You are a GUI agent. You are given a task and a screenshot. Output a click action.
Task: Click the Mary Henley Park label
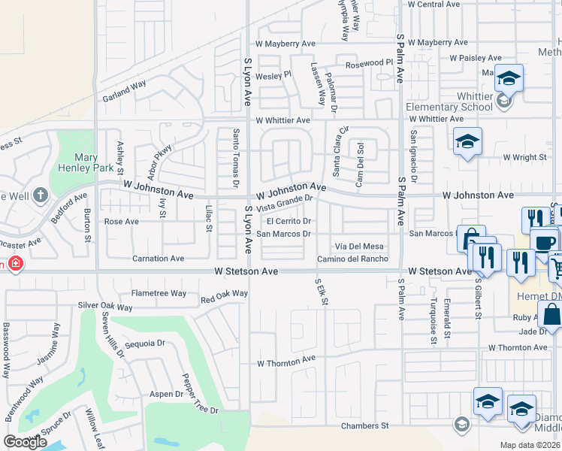coord(86,163)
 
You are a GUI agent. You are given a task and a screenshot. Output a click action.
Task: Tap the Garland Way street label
coord(124,90)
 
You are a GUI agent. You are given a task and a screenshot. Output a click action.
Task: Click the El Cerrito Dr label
coord(289,221)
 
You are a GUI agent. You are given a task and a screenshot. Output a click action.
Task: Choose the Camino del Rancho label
coord(352,259)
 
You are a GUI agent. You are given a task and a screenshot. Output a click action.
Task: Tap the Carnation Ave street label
coord(158,259)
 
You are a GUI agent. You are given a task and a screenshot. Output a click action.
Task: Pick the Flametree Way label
coord(159,293)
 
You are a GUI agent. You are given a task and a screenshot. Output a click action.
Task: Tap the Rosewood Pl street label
coord(369,64)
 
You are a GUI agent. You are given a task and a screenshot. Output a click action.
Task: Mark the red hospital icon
coord(15,264)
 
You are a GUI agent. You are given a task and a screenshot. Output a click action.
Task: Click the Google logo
coord(26,442)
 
